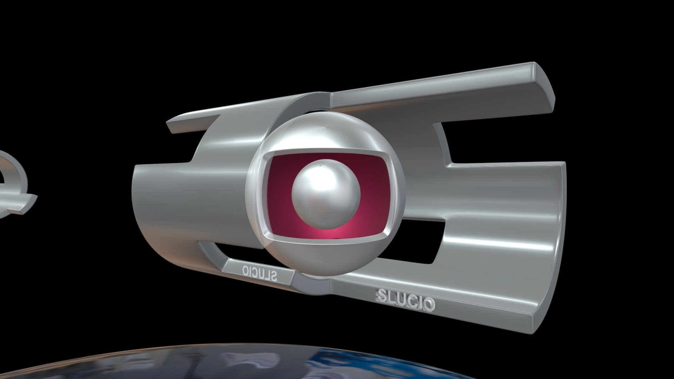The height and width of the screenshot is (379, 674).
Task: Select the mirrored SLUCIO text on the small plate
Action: [x=260, y=272]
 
